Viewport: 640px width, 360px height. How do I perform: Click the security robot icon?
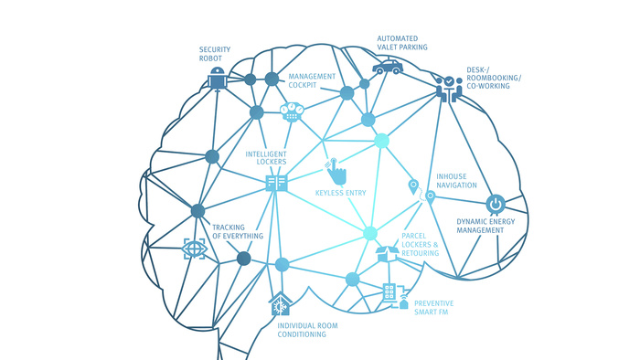tap(217, 79)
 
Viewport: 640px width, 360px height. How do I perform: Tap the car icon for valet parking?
tap(388, 68)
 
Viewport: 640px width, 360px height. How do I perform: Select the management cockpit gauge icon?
tap(292, 112)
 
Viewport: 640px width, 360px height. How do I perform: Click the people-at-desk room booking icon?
tap(449, 89)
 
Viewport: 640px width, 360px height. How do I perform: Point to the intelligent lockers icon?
tap(276, 184)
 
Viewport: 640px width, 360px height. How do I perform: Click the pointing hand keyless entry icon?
tap(336, 171)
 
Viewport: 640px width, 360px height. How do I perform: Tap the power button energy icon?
tap(496, 204)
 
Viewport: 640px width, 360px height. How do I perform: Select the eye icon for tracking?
tap(194, 249)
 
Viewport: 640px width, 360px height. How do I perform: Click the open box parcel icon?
tap(387, 253)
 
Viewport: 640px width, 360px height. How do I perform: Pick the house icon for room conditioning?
tap(280, 303)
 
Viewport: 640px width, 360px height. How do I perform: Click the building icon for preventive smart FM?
tap(395, 296)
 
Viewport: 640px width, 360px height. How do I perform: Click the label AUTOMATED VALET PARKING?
tap(402, 43)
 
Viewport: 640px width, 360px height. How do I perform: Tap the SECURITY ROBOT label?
tap(215, 54)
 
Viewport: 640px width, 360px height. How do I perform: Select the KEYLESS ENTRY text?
tap(341, 193)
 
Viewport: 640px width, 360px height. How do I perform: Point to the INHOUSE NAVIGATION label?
tap(456, 181)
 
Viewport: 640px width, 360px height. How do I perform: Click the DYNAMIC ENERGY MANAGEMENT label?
tap(485, 226)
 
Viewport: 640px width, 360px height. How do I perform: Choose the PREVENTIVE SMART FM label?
tap(434, 308)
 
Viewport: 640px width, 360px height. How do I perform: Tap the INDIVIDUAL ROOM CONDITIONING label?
tap(308, 330)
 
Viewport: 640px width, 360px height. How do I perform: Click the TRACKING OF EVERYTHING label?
tap(238, 231)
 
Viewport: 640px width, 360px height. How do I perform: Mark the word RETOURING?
tap(420, 253)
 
